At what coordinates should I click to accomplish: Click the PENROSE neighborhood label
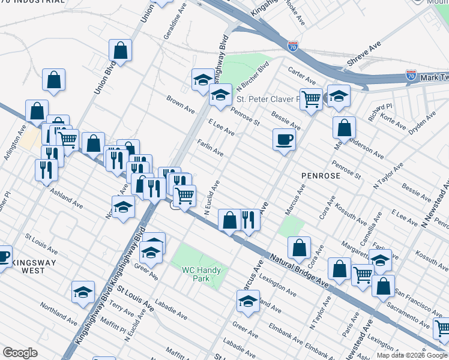click(324, 176)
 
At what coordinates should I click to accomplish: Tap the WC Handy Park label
click(202, 274)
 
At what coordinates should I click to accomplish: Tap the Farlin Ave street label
click(210, 149)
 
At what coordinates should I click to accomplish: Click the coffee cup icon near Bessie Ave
click(284, 140)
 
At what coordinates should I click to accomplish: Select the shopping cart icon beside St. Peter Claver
click(311, 98)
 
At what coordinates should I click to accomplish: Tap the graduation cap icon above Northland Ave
click(83, 292)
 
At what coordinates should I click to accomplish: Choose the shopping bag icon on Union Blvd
click(120, 51)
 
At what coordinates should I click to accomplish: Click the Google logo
click(20, 352)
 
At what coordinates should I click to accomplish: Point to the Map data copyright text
click(411, 355)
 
